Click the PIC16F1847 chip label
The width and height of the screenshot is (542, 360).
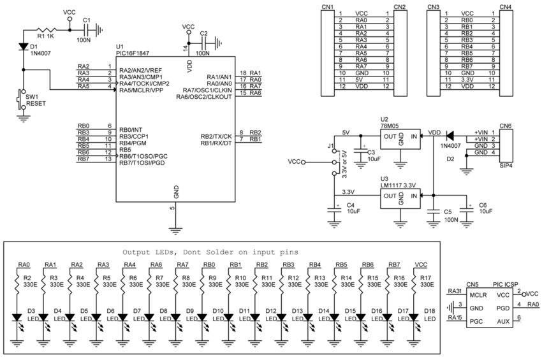click(x=134, y=54)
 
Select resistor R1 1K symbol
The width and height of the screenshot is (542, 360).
click(x=46, y=29)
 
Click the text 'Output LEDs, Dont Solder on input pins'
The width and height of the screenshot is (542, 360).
click(x=210, y=252)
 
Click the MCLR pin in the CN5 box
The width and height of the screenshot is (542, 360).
click(x=478, y=295)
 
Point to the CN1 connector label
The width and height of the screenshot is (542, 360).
click(x=327, y=6)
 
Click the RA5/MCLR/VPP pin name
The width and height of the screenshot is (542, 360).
click(x=141, y=90)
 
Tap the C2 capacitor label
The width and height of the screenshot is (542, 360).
click(x=203, y=32)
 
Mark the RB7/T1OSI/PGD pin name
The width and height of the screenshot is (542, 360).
click(x=142, y=163)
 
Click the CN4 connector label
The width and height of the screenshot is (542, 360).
click(x=505, y=6)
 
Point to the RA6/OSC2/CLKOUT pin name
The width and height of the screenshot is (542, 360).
click(x=203, y=97)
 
